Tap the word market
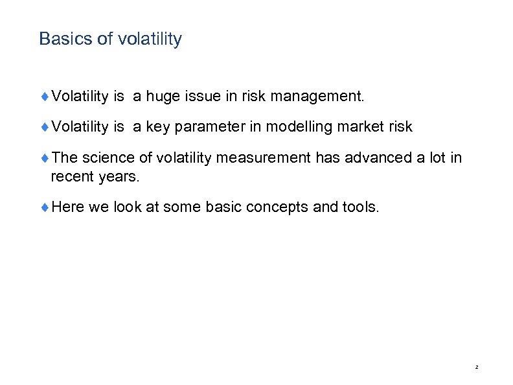click(361, 127)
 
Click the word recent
click(69, 175)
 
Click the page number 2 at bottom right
click(476, 367)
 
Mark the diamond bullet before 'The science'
click(45, 157)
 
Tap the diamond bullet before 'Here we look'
click(45, 207)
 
